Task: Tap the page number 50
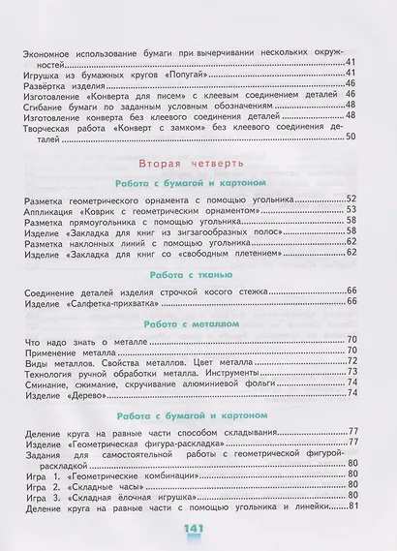[x=351, y=135]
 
